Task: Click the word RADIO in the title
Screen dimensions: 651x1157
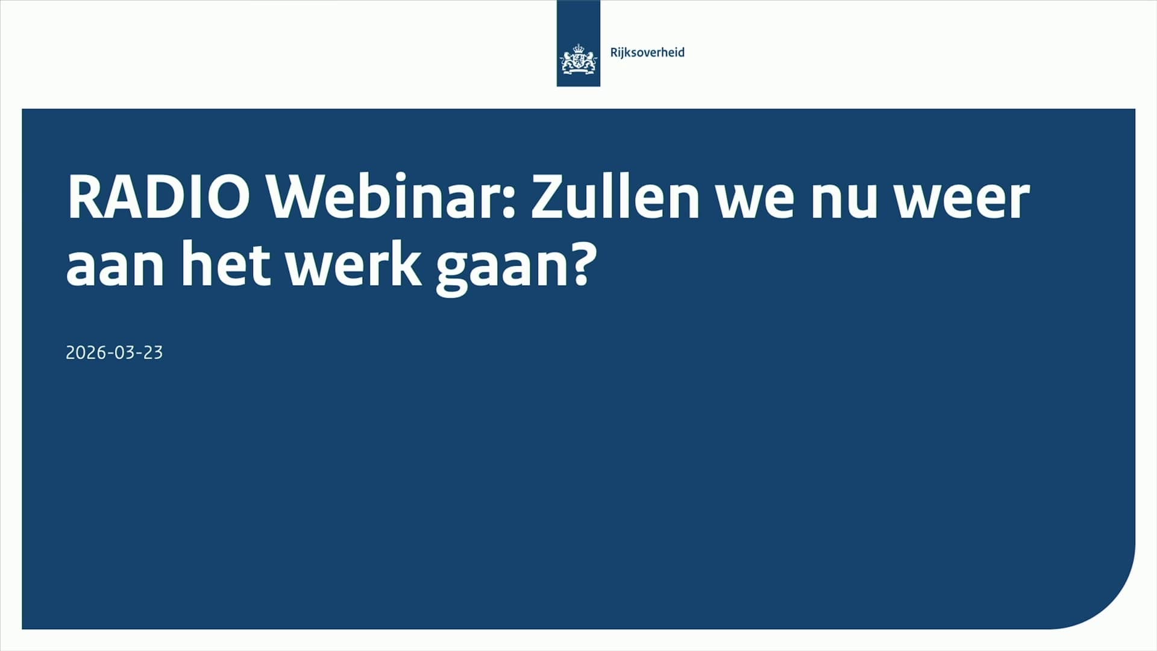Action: [158, 198]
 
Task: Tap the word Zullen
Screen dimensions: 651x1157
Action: [615, 198]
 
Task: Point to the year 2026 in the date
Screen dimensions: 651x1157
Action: [82, 353]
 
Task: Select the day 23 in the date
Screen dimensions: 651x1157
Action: [153, 353]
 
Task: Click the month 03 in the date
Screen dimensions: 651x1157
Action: [124, 353]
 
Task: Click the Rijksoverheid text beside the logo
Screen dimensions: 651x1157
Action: [647, 52]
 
